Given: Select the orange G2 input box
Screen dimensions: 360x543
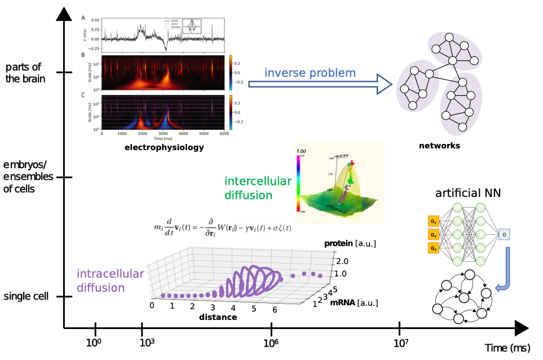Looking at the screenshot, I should point(434,234).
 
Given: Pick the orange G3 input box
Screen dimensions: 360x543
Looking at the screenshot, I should point(434,248).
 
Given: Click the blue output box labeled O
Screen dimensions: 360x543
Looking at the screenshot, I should point(504,234).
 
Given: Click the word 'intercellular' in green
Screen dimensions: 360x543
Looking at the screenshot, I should point(258,182).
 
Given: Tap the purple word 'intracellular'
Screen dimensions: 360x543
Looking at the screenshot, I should point(110,274).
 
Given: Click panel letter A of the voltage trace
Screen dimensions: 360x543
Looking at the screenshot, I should point(83,18).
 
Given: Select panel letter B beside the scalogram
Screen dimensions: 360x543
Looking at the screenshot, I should point(83,55).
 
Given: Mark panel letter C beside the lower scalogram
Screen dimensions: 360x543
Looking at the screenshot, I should point(83,95).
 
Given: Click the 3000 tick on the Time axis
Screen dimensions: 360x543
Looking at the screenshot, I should point(163,133).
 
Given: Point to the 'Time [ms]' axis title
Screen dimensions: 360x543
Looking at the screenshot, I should point(163,138).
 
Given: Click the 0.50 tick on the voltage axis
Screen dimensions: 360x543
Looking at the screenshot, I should point(95,20).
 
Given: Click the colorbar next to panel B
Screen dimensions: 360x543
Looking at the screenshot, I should point(230,72).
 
